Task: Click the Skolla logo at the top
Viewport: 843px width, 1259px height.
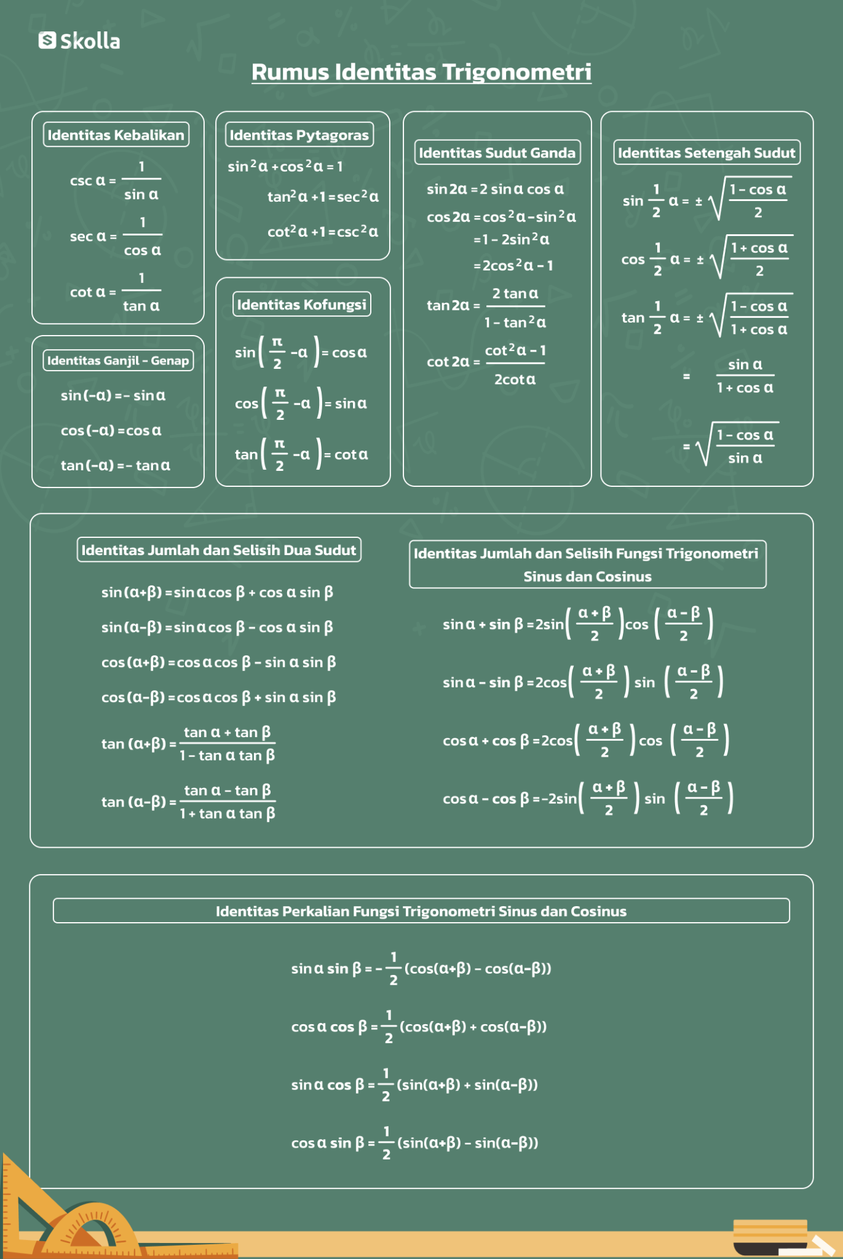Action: [79, 41]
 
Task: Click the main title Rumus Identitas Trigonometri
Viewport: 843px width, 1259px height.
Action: [421, 72]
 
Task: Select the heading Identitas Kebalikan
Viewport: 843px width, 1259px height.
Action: [116, 135]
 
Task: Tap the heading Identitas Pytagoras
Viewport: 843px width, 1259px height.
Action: [299, 135]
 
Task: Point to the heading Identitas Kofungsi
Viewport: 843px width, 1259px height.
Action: [301, 304]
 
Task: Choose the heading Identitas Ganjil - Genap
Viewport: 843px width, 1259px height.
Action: [118, 360]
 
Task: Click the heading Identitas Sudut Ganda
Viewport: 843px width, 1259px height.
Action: [497, 152]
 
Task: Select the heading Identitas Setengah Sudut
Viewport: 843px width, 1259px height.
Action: [706, 152]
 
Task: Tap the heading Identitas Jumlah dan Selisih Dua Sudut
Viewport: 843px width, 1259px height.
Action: [219, 550]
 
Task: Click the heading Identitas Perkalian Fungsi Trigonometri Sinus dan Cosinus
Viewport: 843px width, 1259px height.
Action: [421, 911]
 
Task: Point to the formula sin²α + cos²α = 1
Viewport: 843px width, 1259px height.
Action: [285, 166]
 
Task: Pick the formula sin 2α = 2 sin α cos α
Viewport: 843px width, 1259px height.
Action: [495, 189]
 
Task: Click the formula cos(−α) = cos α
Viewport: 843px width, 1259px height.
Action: [111, 430]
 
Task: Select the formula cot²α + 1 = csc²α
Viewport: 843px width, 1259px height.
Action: [323, 232]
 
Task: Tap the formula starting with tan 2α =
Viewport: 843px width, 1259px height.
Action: [486, 306]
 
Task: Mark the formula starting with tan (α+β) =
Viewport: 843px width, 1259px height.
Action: [188, 744]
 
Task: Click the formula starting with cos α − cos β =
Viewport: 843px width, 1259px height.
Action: [587, 799]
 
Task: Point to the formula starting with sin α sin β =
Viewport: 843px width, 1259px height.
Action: [421, 969]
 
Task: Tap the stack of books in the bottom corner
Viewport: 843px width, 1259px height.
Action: [772, 1236]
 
